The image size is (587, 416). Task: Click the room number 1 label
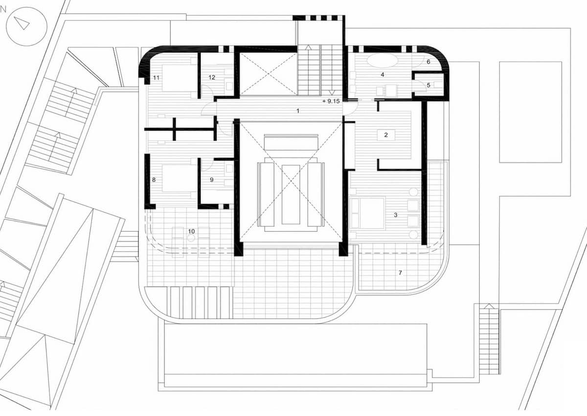click(x=297, y=111)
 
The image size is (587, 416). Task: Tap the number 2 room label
click(x=386, y=135)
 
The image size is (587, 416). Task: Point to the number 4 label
click(x=383, y=75)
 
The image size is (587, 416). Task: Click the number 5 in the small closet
click(x=429, y=85)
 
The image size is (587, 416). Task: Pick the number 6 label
click(x=428, y=62)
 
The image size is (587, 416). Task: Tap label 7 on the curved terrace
click(x=400, y=273)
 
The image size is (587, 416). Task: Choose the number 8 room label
click(x=154, y=180)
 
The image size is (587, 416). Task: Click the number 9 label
click(x=211, y=180)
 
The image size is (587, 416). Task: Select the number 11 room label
click(x=156, y=77)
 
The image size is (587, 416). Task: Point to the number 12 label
click(x=211, y=77)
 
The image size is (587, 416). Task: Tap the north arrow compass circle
click(x=24, y=23)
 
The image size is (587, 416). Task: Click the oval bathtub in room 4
click(x=383, y=61)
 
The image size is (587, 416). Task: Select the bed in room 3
click(x=367, y=212)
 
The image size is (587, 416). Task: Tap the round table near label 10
click(x=191, y=237)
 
